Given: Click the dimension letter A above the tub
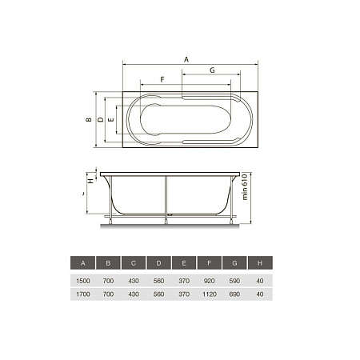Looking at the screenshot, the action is click(x=186, y=59).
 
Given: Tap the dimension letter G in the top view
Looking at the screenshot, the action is click(x=212, y=70).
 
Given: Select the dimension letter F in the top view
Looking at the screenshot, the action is click(x=162, y=79).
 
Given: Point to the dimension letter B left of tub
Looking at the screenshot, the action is click(x=89, y=120).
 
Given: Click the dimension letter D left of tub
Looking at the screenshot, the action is click(x=101, y=119).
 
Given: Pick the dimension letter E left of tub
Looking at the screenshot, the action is click(x=111, y=120).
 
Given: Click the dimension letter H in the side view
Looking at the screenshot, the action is click(x=91, y=181).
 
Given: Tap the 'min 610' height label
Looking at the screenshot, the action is click(x=245, y=187).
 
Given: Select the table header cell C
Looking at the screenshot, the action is click(x=134, y=262).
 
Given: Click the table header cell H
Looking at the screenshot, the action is click(x=260, y=262).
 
